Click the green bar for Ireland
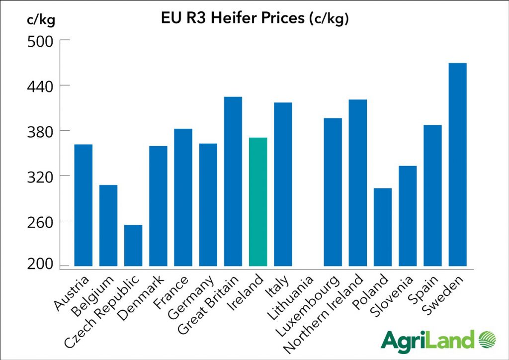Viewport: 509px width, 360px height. tap(258, 201)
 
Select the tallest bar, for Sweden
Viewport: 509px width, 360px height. tap(457, 164)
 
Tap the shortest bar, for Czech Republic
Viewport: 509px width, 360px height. tap(133, 245)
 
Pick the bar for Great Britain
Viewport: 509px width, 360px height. tap(233, 181)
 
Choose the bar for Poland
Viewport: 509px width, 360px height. tap(383, 227)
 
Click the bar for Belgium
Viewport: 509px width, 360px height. tap(108, 225)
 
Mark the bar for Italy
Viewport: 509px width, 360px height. tap(283, 184)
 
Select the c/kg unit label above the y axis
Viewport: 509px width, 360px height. tap(41, 21)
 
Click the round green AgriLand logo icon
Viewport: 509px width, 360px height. tap(487, 340)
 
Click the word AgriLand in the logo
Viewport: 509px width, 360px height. tap(427, 341)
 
